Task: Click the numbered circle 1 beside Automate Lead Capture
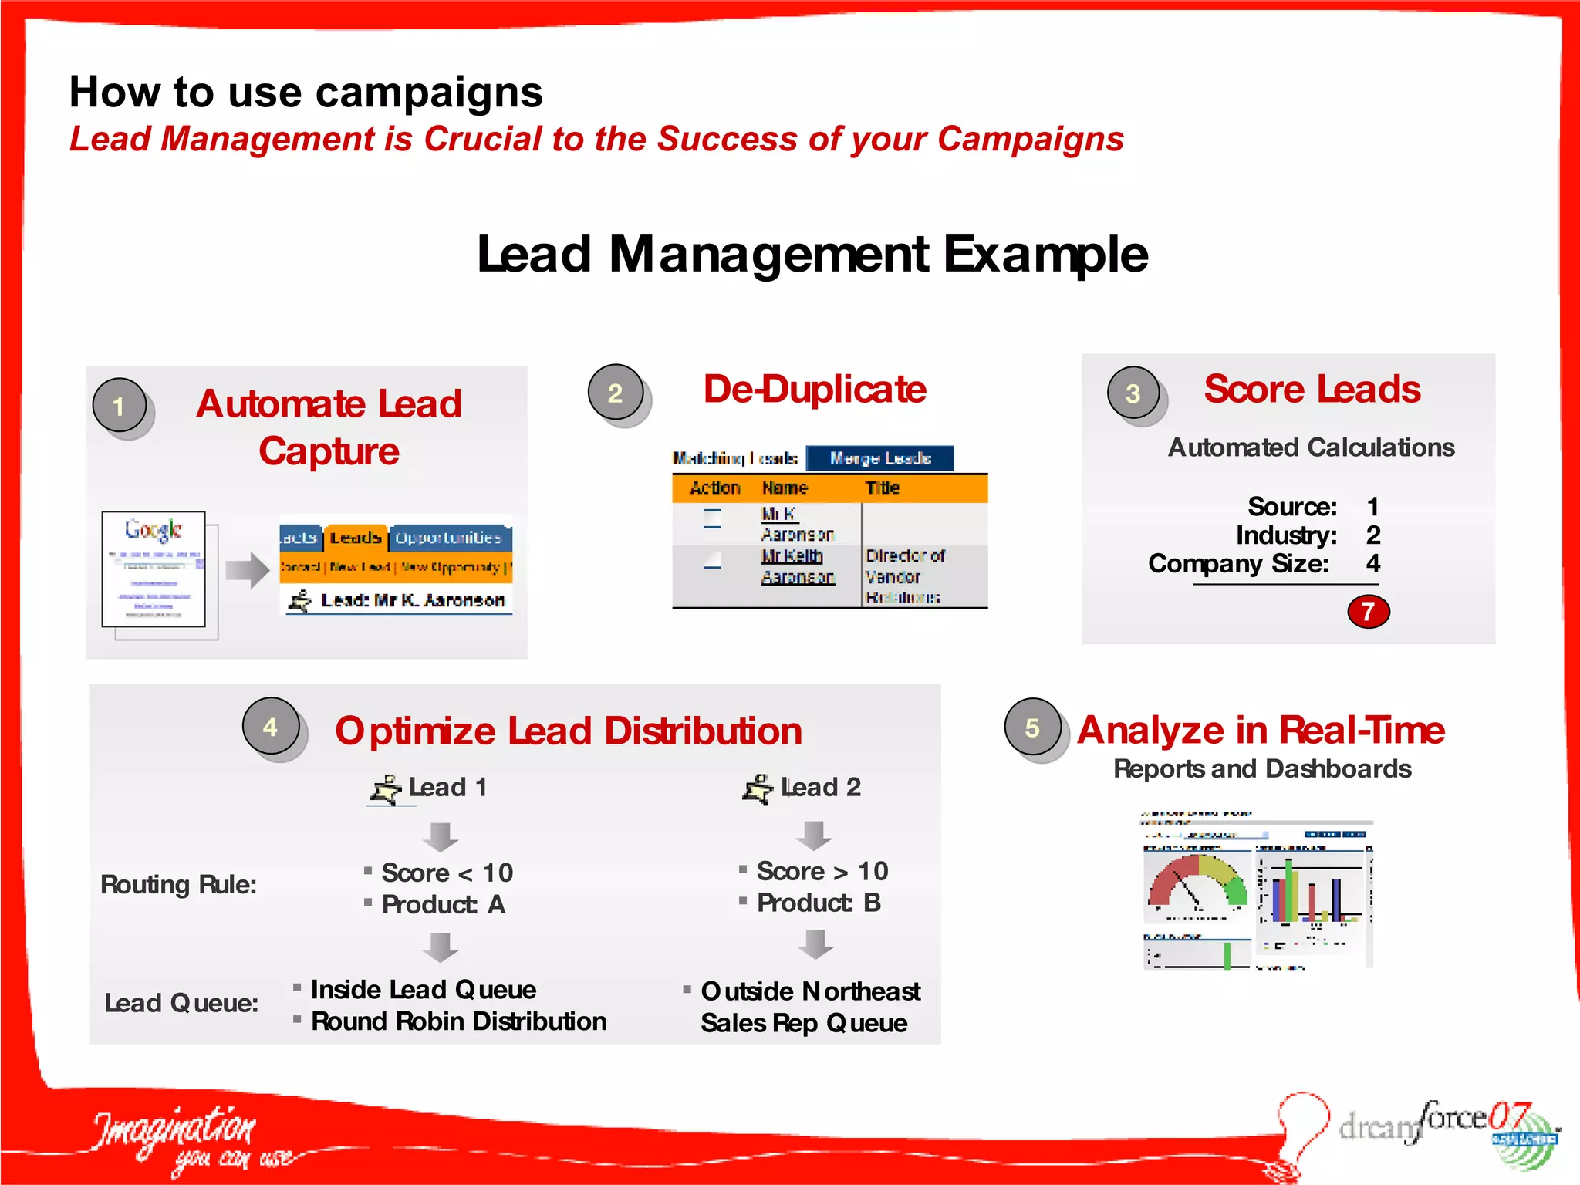pos(120,405)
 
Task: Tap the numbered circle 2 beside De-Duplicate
pos(615,392)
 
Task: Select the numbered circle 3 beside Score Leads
pos(1133,392)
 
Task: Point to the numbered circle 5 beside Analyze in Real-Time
pos(1032,727)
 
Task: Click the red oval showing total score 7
pos(1368,611)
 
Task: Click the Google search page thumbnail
pos(154,569)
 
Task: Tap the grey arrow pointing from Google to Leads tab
pos(247,570)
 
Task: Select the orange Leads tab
pos(356,537)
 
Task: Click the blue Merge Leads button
pos(880,458)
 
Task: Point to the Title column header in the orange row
pos(882,488)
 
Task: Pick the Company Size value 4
pos(1372,563)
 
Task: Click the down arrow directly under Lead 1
pos(441,836)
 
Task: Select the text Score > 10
pos(822,871)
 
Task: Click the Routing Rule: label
pos(178,884)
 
